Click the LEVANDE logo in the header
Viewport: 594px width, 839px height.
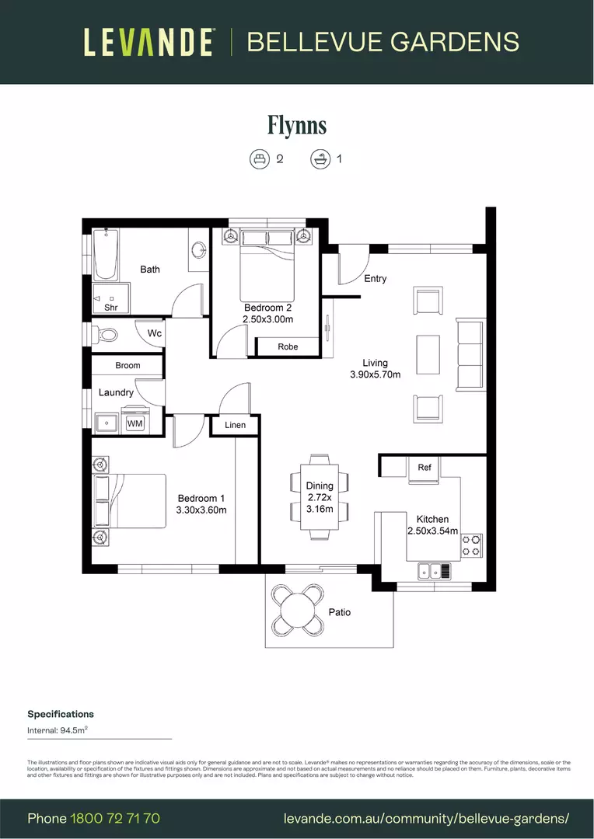tap(148, 42)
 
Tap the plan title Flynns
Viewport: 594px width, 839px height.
tap(296, 125)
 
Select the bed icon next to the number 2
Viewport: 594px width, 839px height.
tap(259, 159)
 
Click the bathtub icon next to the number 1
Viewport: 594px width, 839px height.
tap(319, 159)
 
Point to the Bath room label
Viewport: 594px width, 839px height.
tap(150, 270)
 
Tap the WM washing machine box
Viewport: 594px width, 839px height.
tap(135, 423)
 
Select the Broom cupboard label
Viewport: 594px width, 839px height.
tap(128, 365)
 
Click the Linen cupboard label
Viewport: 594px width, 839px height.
tap(235, 425)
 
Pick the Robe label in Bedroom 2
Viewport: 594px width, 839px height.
tap(288, 347)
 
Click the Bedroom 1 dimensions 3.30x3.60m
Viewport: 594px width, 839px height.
tap(201, 510)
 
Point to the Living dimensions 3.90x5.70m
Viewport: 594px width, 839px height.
tap(375, 374)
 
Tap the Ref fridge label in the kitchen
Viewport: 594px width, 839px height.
tap(425, 468)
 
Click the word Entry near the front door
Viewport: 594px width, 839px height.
tap(375, 279)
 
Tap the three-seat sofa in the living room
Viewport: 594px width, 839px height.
tap(470, 354)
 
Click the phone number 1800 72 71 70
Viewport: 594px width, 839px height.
tap(115, 818)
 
